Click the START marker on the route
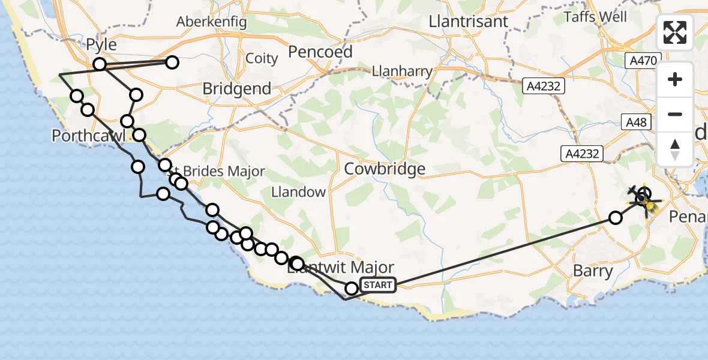[x=377, y=284]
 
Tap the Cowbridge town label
[x=385, y=169]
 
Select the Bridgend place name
[x=236, y=89]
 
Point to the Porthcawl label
[x=88, y=136]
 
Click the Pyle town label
[x=101, y=45]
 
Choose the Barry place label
[x=593, y=271]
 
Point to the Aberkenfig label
[x=211, y=22]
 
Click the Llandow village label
[x=298, y=193]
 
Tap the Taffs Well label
[x=595, y=17]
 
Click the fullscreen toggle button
[x=675, y=32]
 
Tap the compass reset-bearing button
[x=675, y=148]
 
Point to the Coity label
[x=262, y=59]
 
